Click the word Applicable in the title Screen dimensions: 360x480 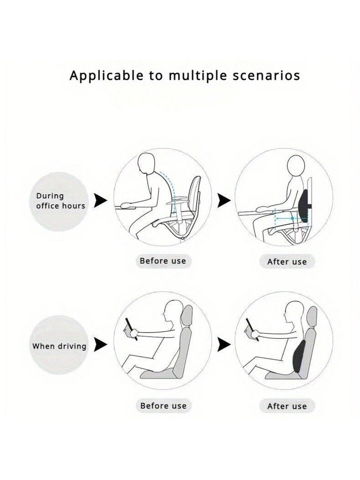pyautogui.click(x=106, y=76)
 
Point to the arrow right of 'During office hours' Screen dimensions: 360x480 pyautogui.click(x=100, y=200)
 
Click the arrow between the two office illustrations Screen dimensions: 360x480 pyautogui.click(x=224, y=200)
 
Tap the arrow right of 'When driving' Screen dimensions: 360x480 pyautogui.click(x=100, y=345)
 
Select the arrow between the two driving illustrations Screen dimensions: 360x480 pyautogui.click(x=224, y=345)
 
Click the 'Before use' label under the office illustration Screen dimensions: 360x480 pyautogui.click(x=163, y=261)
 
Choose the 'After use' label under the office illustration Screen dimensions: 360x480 pyautogui.click(x=287, y=262)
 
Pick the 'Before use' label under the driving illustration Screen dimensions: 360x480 pyautogui.click(x=163, y=405)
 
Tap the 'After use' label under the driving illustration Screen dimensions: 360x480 pyautogui.click(x=287, y=406)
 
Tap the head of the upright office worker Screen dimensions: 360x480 pyautogui.click(x=296, y=166)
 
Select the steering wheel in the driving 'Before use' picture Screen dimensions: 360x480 pyautogui.click(x=132, y=329)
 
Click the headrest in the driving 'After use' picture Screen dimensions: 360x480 pyautogui.click(x=312, y=317)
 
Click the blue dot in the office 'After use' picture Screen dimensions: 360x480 pyautogui.click(x=292, y=218)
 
